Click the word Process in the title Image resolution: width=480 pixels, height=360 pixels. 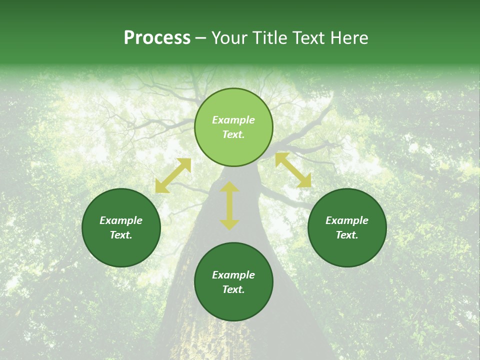point(157,38)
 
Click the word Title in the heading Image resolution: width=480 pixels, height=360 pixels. point(268,38)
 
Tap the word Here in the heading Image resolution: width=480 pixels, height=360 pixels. point(348,38)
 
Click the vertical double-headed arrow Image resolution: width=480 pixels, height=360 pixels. point(229,205)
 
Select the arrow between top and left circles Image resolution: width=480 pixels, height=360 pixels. point(173,175)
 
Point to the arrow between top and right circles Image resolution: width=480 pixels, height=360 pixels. point(293,170)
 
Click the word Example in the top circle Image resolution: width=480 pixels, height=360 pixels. point(233,120)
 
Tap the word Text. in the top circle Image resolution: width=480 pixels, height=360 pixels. point(233,134)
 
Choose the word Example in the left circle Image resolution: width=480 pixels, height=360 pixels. point(121,220)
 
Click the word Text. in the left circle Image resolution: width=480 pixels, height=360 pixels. point(121,235)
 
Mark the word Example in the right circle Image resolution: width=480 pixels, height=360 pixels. point(347,220)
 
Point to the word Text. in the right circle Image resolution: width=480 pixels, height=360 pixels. point(347,235)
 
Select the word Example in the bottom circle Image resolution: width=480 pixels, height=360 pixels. point(233,275)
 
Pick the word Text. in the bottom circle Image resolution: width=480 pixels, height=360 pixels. point(233,289)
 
